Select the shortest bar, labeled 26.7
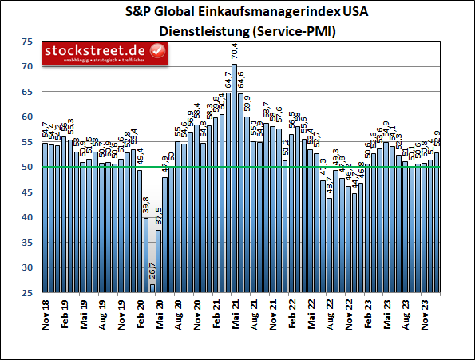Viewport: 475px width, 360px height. tap(152, 288)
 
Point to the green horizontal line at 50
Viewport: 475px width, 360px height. tap(239, 167)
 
